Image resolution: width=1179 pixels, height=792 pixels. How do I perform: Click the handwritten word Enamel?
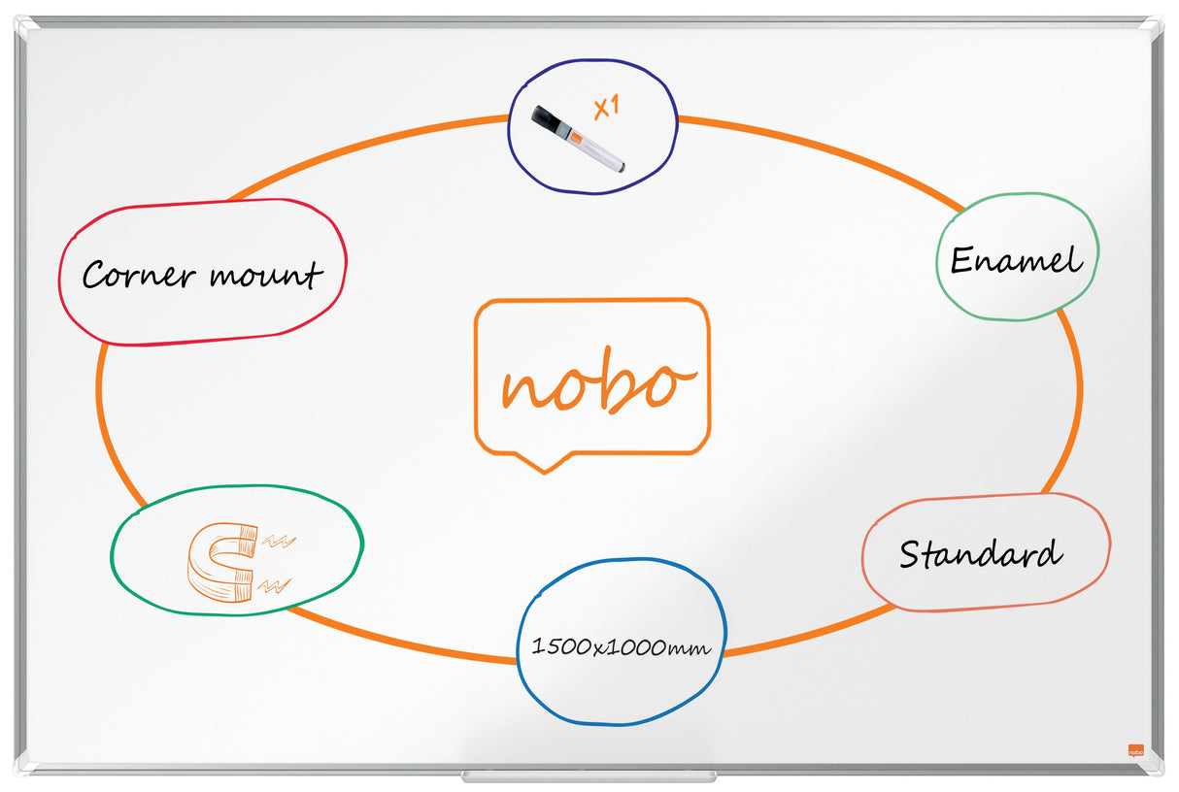click(x=1016, y=259)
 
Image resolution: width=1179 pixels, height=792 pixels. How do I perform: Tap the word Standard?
click(x=980, y=553)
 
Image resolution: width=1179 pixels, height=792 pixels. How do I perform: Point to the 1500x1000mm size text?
click(x=621, y=646)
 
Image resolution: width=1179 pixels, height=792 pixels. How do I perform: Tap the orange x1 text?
click(x=607, y=107)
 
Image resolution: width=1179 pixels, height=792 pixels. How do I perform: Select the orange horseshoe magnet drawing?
click(x=222, y=562)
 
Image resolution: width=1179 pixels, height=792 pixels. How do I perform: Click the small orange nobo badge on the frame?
click(x=1135, y=750)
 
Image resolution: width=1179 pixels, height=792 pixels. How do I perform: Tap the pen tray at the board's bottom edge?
click(x=589, y=776)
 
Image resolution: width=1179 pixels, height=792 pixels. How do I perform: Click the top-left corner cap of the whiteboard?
click(x=26, y=25)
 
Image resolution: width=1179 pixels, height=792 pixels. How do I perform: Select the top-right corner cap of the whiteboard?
click(x=1153, y=25)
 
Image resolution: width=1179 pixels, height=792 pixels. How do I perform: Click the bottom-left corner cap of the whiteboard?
click(x=26, y=767)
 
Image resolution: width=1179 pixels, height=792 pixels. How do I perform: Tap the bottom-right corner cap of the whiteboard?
click(x=1153, y=767)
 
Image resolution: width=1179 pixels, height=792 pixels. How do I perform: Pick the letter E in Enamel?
click(x=961, y=259)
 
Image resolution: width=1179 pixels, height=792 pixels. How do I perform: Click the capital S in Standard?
click(x=910, y=553)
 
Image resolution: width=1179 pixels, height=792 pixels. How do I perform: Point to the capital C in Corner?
click(x=94, y=276)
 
